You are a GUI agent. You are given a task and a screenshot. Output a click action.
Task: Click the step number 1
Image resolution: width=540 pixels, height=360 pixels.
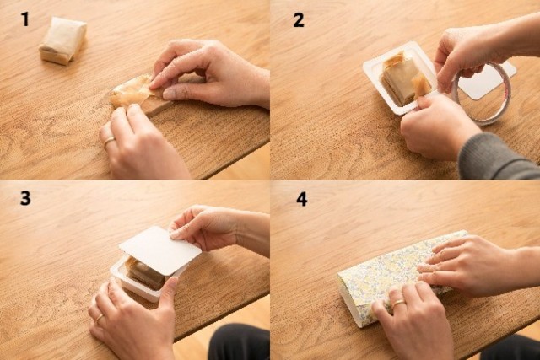tap(24, 19)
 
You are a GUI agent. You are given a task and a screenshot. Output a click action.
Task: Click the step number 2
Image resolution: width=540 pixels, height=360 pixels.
tap(299, 20)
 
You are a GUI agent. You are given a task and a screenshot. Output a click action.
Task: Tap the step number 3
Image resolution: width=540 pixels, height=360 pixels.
tap(25, 199)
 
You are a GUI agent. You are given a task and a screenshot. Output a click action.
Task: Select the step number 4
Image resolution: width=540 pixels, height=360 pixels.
tap(302, 199)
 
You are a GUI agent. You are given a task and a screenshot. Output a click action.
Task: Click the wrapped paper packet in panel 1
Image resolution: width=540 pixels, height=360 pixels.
tap(62, 40)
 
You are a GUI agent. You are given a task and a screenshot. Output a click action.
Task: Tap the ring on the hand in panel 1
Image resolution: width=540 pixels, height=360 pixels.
tap(110, 141)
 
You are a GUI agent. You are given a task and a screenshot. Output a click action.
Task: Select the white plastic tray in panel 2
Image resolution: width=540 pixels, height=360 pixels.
tap(399, 78)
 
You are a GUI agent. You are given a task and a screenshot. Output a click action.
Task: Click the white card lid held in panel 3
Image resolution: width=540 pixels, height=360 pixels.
tap(160, 250)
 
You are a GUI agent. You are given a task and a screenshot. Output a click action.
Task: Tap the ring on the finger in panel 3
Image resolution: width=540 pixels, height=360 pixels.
tap(100, 318)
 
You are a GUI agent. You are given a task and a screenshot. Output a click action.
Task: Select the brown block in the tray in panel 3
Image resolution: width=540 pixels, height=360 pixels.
tap(144, 274)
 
